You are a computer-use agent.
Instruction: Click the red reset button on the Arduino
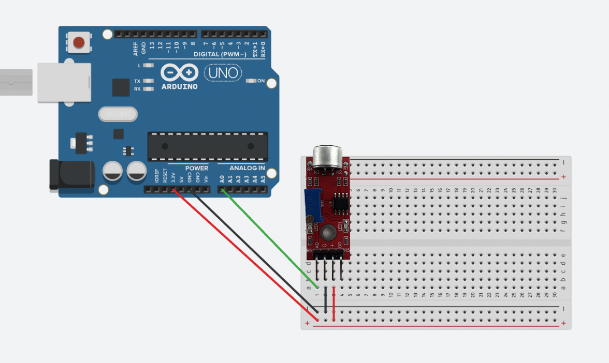79,42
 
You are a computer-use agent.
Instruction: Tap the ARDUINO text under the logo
179,86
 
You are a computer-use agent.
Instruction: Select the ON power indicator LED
252,81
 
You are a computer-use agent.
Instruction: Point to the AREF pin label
136,49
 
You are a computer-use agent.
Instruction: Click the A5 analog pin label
263,179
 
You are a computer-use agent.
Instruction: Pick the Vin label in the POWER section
206,179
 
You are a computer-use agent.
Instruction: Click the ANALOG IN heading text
247,168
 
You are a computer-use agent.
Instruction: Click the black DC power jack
71,174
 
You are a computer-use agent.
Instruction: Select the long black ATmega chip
208,145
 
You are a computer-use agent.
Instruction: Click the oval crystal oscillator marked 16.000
118,114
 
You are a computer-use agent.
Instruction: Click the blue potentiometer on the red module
312,204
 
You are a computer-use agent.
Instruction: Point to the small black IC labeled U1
340,201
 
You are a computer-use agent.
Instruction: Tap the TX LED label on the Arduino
137,81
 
